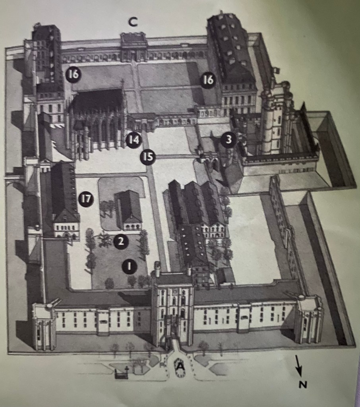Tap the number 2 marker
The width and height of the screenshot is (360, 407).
[121, 242]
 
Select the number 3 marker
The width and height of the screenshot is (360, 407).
[228, 140]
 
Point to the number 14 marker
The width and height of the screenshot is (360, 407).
[134, 140]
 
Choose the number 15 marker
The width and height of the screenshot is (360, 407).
[148, 157]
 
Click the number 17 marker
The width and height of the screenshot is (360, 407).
[86, 199]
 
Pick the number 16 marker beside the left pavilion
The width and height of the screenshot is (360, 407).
[74, 74]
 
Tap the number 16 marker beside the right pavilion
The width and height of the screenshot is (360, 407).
[208, 80]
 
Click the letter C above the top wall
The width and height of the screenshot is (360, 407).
[133, 22]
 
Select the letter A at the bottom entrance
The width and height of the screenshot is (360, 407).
[180, 366]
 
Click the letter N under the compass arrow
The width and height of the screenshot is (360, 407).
[303, 384]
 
